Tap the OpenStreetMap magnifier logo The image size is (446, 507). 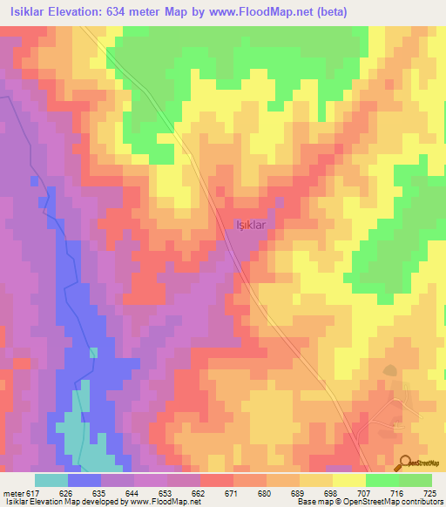tap(405, 463)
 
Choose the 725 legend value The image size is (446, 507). tap(429, 494)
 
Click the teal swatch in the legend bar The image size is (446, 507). tap(51, 480)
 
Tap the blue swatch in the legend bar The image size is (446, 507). tap(84, 480)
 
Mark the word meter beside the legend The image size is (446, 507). tap(12, 494)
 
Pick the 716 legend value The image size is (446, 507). tap(397, 494)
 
